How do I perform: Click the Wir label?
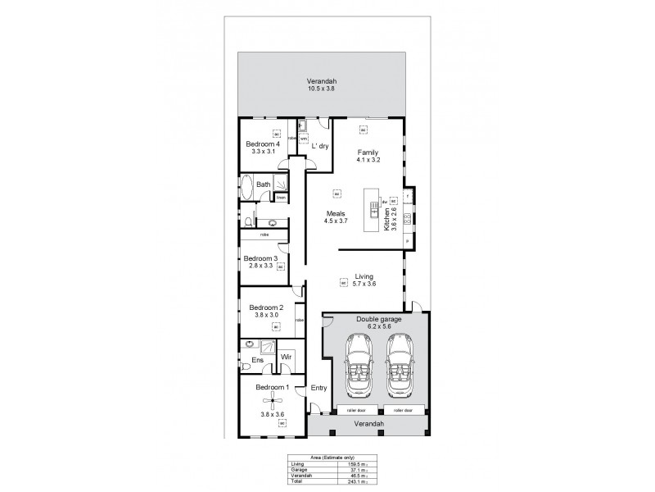287,358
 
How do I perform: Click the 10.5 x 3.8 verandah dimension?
322,88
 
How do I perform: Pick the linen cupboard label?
280,198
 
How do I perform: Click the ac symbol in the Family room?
362,128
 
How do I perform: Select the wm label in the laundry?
303,139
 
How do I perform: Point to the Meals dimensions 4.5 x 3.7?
336,221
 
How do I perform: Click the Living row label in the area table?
297,463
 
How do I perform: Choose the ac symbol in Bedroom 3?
280,266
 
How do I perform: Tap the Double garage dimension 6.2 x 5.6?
373,326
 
